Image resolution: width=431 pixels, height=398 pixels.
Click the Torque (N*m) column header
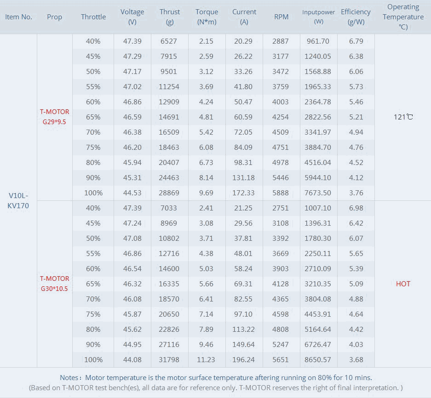(207, 17)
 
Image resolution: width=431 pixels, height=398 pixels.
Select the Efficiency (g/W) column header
(356, 17)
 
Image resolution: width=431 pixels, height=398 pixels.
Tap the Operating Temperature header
(403, 17)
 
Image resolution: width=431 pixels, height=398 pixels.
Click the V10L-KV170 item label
(18, 201)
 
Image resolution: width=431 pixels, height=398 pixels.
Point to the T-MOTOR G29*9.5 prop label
(54, 117)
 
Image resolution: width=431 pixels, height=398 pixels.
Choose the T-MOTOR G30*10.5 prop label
(54, 284)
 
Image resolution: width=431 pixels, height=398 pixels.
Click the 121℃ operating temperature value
(403, 117)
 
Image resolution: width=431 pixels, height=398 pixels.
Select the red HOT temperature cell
(403, 284)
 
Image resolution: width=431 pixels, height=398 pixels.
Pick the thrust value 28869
(170, 193)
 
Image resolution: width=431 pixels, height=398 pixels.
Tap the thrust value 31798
(170, 360)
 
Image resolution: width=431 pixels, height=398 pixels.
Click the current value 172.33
(244, 193)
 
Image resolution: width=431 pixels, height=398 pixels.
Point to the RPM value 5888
(281, 193)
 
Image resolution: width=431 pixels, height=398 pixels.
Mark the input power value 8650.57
(318, 360)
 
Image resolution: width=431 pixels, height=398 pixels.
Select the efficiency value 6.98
(356, 208)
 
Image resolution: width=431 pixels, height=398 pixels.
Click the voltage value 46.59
(132, 117)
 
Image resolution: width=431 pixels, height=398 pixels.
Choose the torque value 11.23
(207, 360)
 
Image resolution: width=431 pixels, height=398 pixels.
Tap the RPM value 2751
(281, 208)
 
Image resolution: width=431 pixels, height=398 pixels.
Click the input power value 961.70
(318, 41)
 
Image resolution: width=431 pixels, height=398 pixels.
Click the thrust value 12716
(170, 254)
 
